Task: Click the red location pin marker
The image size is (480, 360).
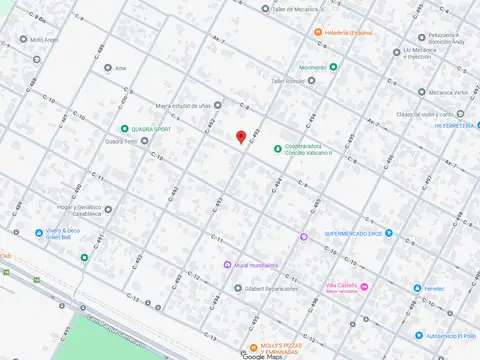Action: coord(240,137)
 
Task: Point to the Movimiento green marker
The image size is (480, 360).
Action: coord(334,67)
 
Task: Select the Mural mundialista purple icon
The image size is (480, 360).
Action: coord(227,265)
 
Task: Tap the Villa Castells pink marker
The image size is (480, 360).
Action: coord(364,287)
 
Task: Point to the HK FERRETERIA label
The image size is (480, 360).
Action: coord(456,126)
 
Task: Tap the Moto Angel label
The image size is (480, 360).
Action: coord(45,40)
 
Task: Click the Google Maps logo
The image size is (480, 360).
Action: coord(261,355)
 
